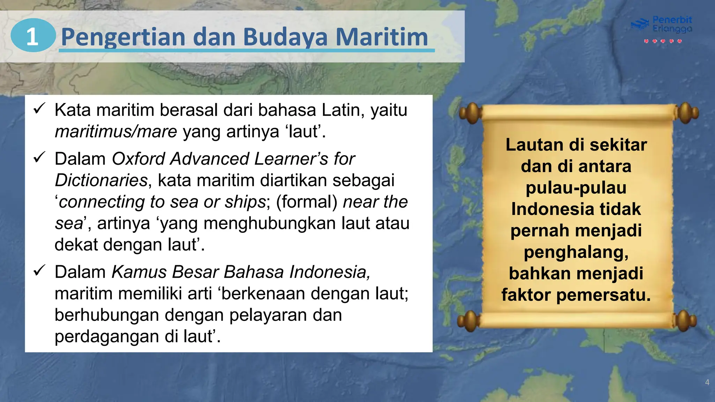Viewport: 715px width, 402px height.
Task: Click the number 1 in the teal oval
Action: click(32, 36)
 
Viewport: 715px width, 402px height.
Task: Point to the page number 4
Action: click(707, 382)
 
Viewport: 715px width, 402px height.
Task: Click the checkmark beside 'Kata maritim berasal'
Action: click(39, 109)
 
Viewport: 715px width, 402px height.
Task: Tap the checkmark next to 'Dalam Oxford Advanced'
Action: click(39, 158)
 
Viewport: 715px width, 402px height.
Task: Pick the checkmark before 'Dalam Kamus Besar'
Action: click(39, 271)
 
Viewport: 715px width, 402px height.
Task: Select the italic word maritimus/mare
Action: click(116, 132)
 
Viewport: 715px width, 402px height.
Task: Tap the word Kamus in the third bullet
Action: click(139, 272)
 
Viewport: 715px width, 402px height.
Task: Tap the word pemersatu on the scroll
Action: click(603, 295)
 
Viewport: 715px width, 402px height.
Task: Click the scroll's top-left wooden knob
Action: click(471, 113)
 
